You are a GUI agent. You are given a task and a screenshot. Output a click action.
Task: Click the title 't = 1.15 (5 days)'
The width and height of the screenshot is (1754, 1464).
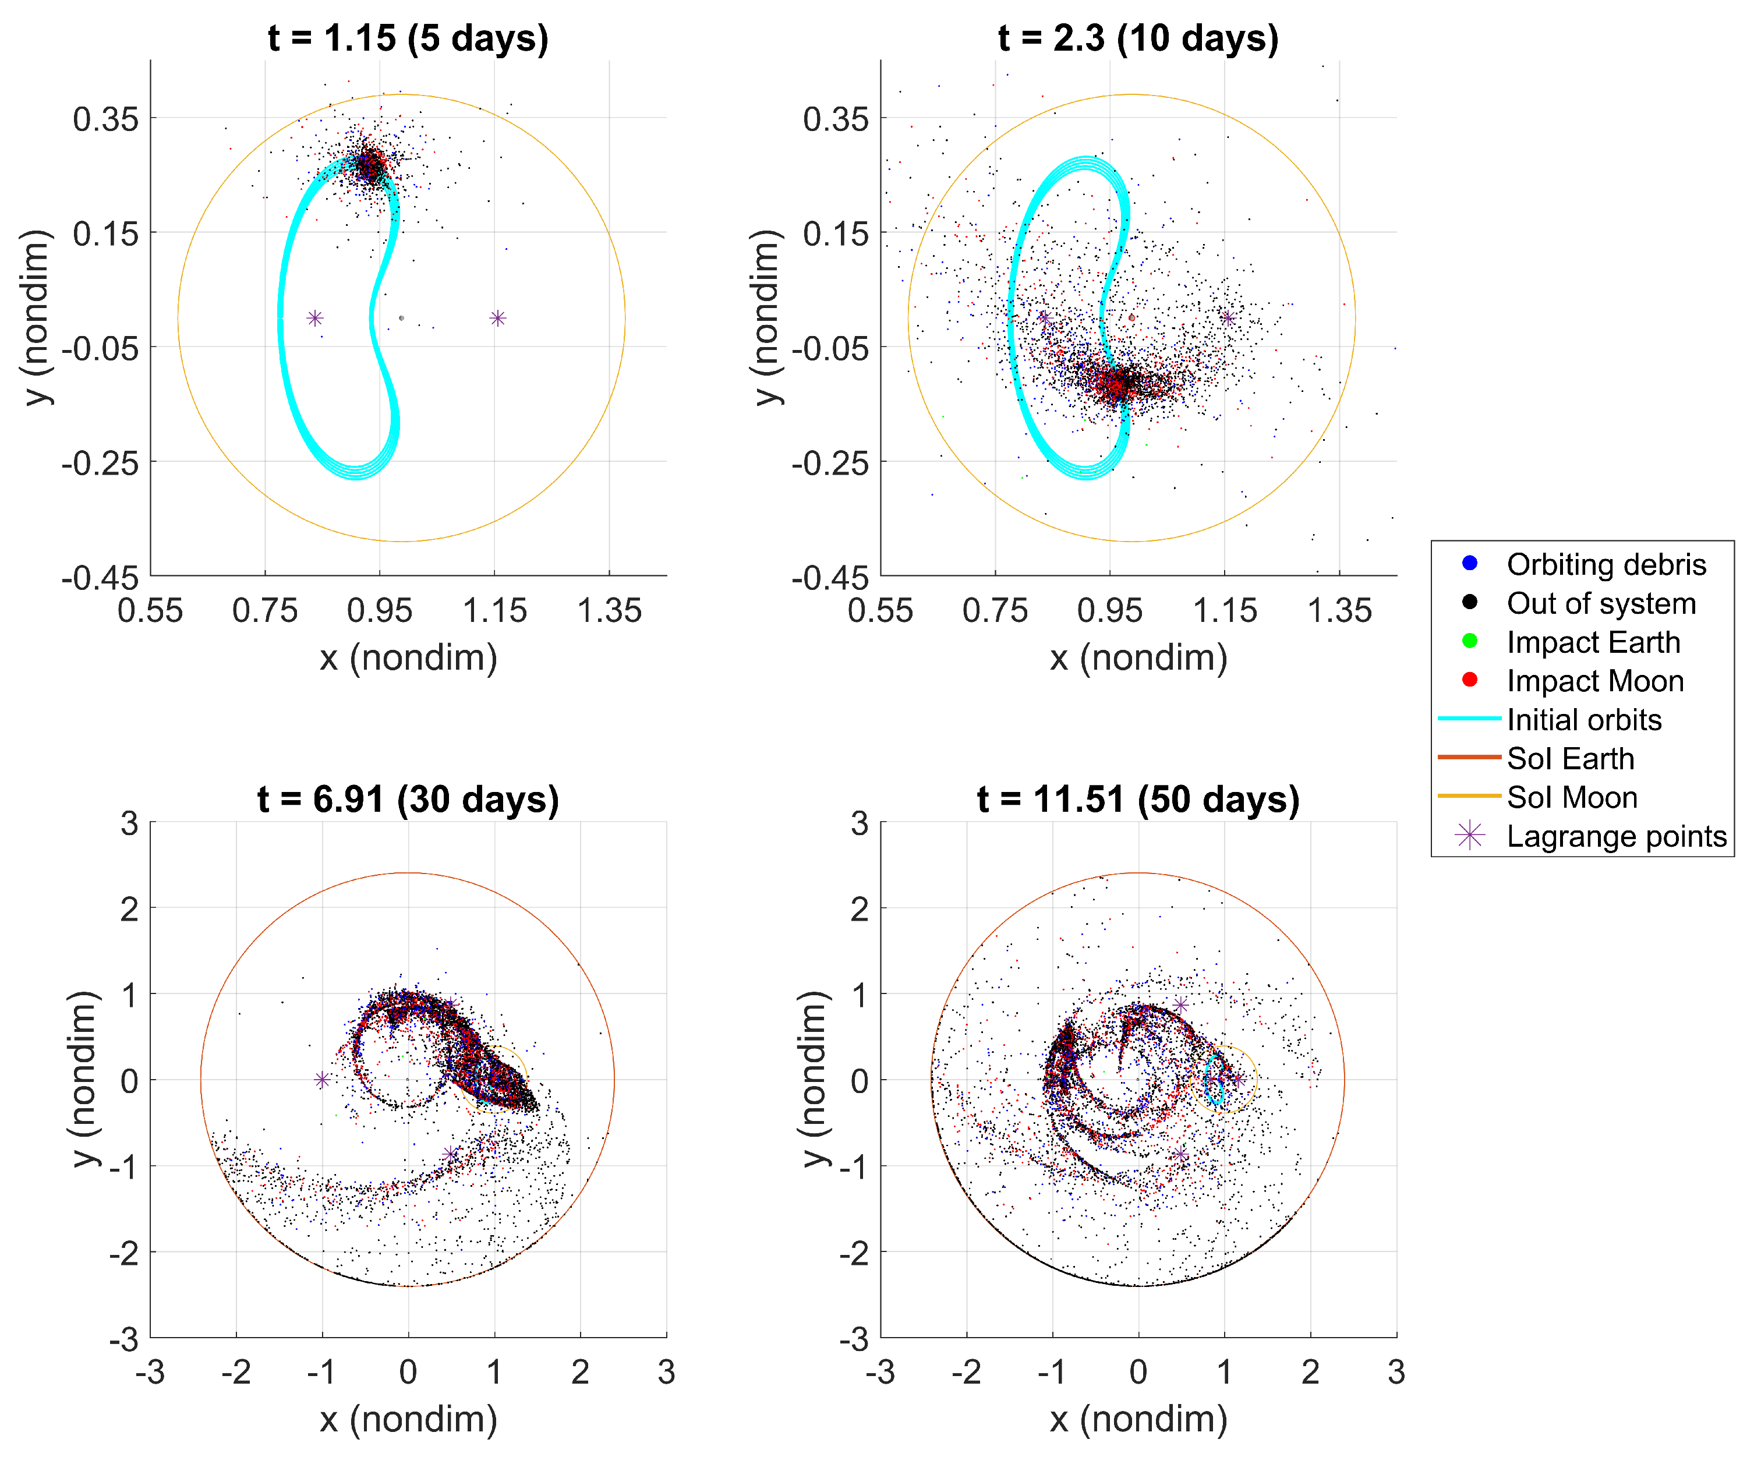tap(408, 38)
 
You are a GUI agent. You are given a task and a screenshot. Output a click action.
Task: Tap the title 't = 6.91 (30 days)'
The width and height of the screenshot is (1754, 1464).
tap(408, 799)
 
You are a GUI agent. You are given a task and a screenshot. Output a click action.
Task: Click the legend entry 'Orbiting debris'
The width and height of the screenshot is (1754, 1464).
tap(1606, 564)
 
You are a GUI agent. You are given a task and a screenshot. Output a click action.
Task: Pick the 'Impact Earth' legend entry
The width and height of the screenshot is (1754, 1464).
tap(1593, 642)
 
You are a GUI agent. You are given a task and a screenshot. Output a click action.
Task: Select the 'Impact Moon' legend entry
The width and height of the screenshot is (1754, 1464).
tap(1594, 681)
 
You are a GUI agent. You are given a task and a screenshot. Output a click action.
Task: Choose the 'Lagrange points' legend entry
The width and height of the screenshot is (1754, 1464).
tap(1615, 836)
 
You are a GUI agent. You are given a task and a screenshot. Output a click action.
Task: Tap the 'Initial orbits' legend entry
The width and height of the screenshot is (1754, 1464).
tap(1583, 720)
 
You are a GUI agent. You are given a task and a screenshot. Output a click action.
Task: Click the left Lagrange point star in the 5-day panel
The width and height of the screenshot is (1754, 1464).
tap(315, 318)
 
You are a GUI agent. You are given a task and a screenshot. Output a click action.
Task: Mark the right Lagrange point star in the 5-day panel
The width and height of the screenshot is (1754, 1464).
tap(498, 318)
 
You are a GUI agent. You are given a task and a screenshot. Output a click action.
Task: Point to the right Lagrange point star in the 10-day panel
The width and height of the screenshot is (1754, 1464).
tap(1228, 318)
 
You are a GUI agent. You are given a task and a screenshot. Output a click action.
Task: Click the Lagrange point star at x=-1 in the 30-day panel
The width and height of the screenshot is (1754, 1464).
tap(323, 1080)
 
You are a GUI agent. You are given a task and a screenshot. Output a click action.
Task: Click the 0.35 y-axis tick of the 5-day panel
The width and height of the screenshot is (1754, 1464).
tap(106, 119)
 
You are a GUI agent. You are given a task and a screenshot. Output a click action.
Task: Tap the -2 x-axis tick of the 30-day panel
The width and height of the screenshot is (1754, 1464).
tap(236, 1371)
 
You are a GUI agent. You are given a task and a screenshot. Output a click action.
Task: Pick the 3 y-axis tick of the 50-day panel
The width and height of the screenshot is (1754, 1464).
tap(860, 823)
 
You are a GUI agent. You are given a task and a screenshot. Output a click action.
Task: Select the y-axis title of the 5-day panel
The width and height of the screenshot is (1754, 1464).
tap(38, 318)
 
